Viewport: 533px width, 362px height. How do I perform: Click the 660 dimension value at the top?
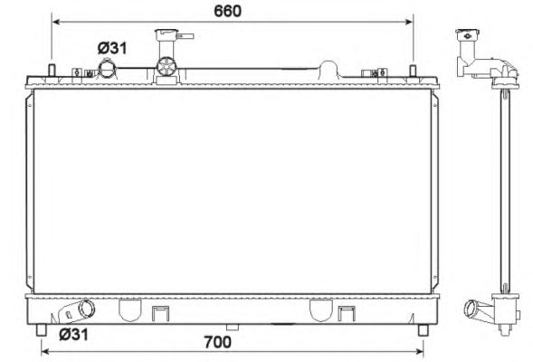click(227, 11)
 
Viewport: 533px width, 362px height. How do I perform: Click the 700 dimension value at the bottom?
click(217, 342)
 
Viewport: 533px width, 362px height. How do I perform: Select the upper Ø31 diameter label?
click(112, 48)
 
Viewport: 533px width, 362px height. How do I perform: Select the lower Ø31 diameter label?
click(73, 335)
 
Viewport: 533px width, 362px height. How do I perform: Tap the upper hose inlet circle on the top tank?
click(107, 68)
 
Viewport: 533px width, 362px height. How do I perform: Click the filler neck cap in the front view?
click(167, 35)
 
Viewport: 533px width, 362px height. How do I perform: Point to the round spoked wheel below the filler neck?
click(167, 67)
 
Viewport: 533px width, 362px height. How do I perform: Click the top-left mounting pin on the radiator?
click(52, 71)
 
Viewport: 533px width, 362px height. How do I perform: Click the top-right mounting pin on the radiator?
click(413, 71)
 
